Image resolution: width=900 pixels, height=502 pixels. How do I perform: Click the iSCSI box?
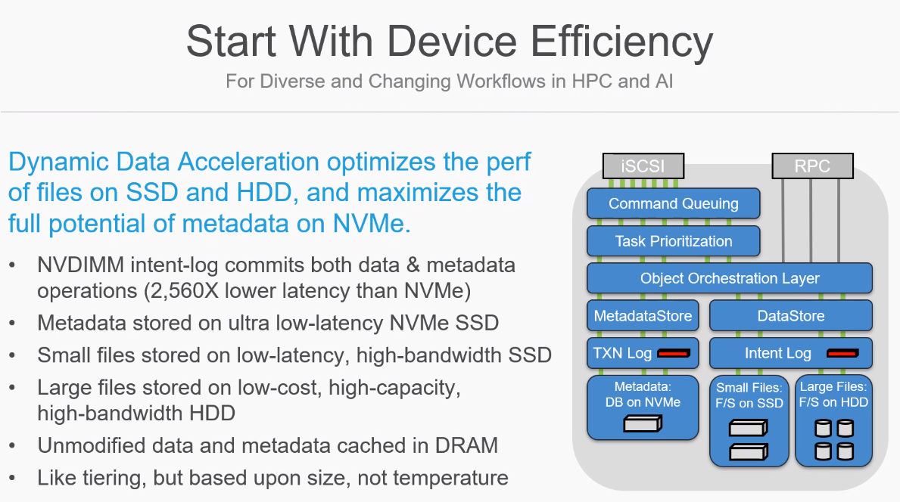643,166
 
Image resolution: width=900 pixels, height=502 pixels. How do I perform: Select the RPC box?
812,166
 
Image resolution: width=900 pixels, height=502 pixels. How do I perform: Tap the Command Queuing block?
673,203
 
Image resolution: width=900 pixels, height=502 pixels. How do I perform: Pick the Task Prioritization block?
673,241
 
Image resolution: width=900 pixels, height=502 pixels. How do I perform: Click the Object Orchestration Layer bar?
730,278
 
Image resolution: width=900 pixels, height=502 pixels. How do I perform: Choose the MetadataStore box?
643,316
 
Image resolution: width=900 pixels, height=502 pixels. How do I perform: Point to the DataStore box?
791,316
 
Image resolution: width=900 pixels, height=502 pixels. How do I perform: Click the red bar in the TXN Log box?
673,354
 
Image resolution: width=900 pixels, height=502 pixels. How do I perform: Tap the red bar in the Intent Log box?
842,354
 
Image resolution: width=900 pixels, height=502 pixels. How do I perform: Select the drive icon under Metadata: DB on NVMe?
643,424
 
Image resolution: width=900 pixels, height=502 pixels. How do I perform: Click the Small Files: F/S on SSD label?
749,395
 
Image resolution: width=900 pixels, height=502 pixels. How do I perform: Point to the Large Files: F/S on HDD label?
833,394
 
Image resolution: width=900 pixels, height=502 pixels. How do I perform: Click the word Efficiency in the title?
621,42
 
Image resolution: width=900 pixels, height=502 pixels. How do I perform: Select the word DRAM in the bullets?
466,446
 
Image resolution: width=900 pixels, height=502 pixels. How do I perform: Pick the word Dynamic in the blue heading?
58,163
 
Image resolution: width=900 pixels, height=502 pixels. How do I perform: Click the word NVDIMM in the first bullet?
81,265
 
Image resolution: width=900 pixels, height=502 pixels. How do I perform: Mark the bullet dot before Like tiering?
13,477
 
